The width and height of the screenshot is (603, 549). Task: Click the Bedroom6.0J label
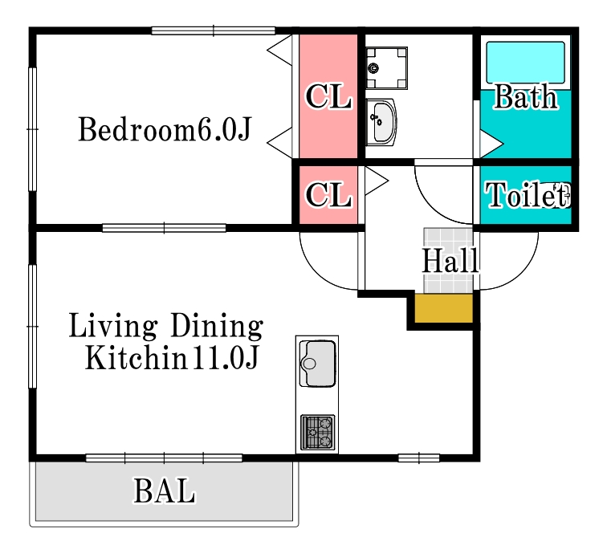pos(165,129)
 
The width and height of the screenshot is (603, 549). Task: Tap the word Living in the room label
pos(113,327)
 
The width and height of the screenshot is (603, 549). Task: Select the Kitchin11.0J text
pos(172,357)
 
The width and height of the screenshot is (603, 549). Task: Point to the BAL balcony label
pos(165,490)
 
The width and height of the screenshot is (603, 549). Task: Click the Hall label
pos(450,261)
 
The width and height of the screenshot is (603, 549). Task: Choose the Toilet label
pos(528,195)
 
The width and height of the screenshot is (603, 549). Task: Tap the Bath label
pos(526,96)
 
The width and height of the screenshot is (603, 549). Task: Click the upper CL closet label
pos(328,96)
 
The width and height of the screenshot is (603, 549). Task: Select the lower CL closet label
pos(328,195)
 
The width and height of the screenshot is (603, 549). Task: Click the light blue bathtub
pos(525,63)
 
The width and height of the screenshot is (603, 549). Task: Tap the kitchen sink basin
pos(318,364)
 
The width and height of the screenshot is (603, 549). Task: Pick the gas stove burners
pos(318,432)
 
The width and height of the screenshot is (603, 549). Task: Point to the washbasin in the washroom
pos(381,122)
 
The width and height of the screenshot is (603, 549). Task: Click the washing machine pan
pos(386,68)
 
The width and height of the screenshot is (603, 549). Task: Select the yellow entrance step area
pos(443,308)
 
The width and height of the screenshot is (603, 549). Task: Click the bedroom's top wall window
pos(214,31)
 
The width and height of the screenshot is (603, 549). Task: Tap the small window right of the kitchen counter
pos(419,458)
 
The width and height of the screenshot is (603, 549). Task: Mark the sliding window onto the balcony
pos(165,458)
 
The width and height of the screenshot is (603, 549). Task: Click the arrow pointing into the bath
pos(491,144)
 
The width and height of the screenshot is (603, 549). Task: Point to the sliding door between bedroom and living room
pos(165,228)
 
